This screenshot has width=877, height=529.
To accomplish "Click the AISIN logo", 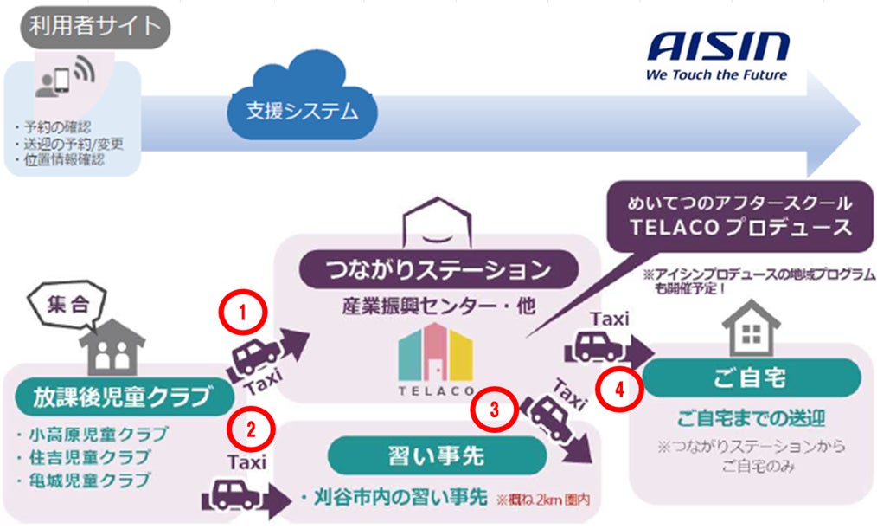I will [x=717, y=46].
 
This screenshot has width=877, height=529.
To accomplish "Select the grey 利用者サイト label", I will [x=95, y=26].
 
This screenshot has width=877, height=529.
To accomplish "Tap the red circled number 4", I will [x=619, y=389].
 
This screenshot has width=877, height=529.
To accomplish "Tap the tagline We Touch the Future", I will [x=716, y=74].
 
